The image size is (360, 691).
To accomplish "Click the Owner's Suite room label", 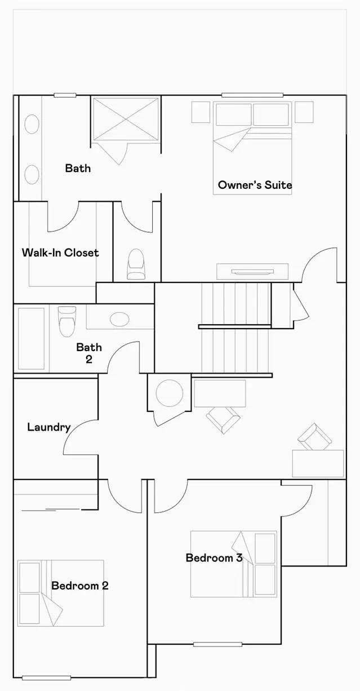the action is (x=255, y=185).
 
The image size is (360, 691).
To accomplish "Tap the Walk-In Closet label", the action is (x=60, y=253).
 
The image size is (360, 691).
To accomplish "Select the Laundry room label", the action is (x=49, y=427).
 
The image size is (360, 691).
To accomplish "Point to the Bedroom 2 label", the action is (x=80, y=586).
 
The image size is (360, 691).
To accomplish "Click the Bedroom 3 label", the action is (x=214, y=558).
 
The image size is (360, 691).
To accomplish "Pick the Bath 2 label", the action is (x=89, y=353).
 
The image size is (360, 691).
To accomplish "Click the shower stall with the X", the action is (x=126, y=119).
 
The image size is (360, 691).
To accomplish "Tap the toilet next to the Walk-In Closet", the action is (x=136, y=264).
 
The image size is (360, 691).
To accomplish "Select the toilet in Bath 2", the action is (x=67, y=321).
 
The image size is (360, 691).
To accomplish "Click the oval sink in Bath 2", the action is (x=119, y=319).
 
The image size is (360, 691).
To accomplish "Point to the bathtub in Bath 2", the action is (x=31, y=338).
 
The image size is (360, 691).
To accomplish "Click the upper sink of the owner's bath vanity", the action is (x=32, y=124).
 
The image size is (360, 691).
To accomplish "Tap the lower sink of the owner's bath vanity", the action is (x=32, y=175).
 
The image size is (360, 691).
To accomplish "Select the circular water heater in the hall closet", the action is (x=170, y=393).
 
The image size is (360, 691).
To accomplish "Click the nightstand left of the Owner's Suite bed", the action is (x=201, y=112).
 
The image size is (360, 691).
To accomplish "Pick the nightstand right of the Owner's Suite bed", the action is (x=304, y=112).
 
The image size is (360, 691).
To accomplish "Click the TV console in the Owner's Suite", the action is (x=252, y=272).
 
